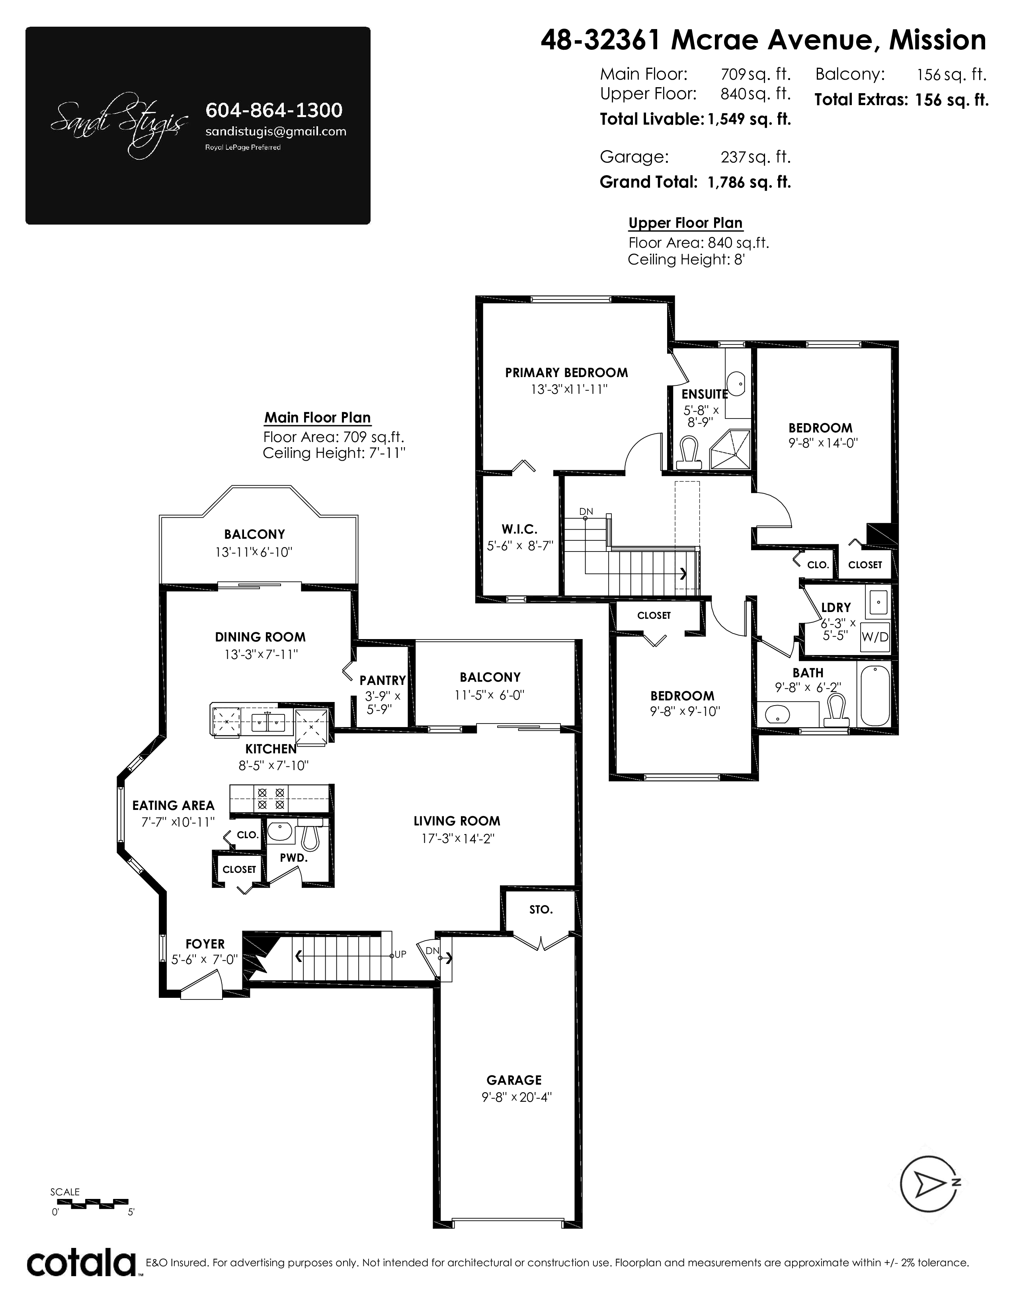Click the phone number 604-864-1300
click(274, 110)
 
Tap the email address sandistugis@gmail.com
click(276, 131)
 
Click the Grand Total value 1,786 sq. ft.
click(749, 182)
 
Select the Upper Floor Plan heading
click(685, 223)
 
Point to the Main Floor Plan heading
click(318, 418)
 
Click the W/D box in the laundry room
click(875, 637)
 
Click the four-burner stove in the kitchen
click(271, 798)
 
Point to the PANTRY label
click(383, 680)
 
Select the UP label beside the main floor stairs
click(400, 954)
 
